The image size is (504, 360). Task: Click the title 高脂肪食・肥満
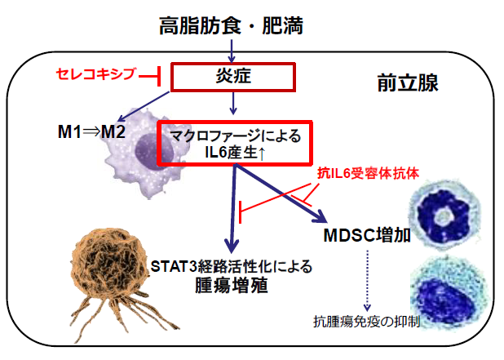click(232, 26)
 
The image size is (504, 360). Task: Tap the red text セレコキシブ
click(95, 75)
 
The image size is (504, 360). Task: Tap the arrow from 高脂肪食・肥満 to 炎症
click(233, 51)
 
